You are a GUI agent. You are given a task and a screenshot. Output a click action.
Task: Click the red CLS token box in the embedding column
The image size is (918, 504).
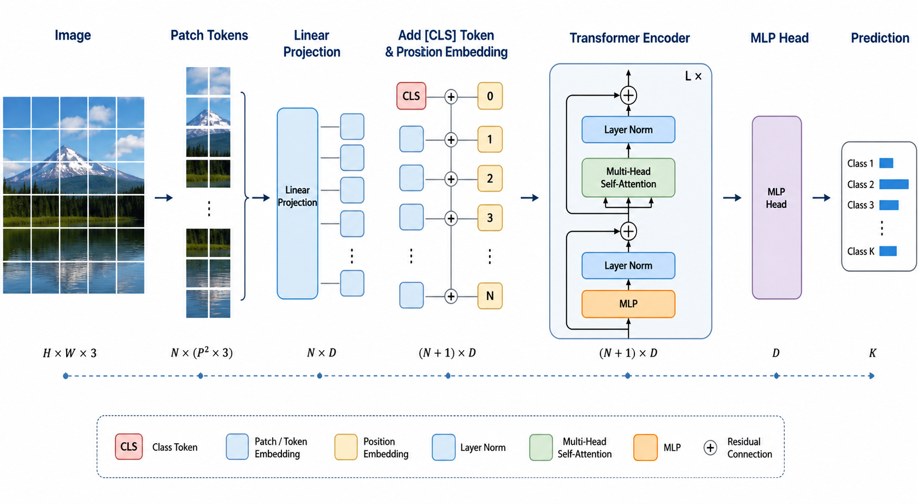tap(411, 96)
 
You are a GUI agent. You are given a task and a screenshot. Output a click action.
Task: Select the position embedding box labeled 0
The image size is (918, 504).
tap(490, 96)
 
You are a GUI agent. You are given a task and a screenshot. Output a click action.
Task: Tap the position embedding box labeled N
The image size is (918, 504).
tap(490, 296)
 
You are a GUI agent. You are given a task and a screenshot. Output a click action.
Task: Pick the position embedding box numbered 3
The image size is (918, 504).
tap(490, 218)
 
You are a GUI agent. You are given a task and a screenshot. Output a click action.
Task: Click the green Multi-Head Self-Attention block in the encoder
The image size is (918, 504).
tap(628, 177)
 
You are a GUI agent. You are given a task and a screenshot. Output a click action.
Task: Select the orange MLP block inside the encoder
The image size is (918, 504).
tap(628, 304)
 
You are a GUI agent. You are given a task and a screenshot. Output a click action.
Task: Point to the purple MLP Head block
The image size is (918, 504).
tap(776, 207)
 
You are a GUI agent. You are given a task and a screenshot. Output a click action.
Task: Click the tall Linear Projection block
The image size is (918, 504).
tap(298, 203)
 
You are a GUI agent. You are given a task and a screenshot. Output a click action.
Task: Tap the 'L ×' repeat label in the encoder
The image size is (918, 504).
tap(693, 76)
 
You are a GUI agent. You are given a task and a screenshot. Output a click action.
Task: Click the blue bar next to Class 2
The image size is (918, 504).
tap(894, 184)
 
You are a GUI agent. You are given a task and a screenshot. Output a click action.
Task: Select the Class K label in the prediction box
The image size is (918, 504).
tap(861, 251)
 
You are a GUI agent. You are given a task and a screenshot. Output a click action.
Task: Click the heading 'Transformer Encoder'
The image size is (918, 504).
tap(630, 38)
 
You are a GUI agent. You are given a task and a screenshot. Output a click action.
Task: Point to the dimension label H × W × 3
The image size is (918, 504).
tap(69, 353)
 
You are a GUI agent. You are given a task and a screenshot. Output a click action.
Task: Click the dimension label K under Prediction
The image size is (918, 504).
tap(872, 353)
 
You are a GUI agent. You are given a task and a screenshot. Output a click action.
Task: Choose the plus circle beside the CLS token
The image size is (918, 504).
tap(451, 97)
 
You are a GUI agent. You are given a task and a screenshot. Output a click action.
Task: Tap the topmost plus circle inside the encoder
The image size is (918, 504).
tap(628, 95)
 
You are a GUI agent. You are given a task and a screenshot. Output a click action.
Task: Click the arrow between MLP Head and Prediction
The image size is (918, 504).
tap(821, 197)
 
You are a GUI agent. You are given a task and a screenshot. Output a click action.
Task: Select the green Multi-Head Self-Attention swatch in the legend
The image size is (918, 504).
tap(541, 448)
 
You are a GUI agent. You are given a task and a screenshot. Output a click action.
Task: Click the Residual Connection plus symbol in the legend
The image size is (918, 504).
tap(710, 448)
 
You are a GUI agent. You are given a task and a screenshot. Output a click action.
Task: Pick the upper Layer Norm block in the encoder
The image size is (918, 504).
tap(628, 130)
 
